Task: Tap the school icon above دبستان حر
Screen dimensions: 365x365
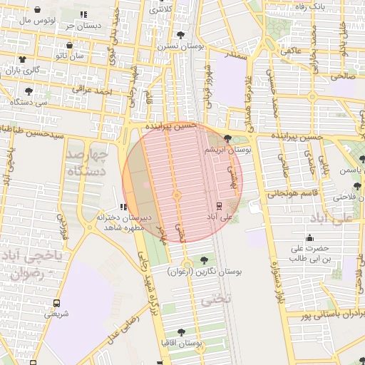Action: pyautogui.click(x=83, y=14)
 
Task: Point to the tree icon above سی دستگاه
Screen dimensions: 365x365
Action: pyautogui.click(x=28, y=91)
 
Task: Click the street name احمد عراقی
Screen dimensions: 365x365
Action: pyautogui.click(x=96, y=92)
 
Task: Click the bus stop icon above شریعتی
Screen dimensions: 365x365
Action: pyautogui.click(x=56, y=302)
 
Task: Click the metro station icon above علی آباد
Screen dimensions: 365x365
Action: pyautogui.click(x=218, y=207)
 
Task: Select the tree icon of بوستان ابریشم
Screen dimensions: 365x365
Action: pyautogui.click(x=227, y=139)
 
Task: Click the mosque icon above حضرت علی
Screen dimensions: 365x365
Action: pyautogui.click(x=309, y=238)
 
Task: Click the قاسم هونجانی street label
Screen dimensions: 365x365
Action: pyautogui.click(x=291, y=193)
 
